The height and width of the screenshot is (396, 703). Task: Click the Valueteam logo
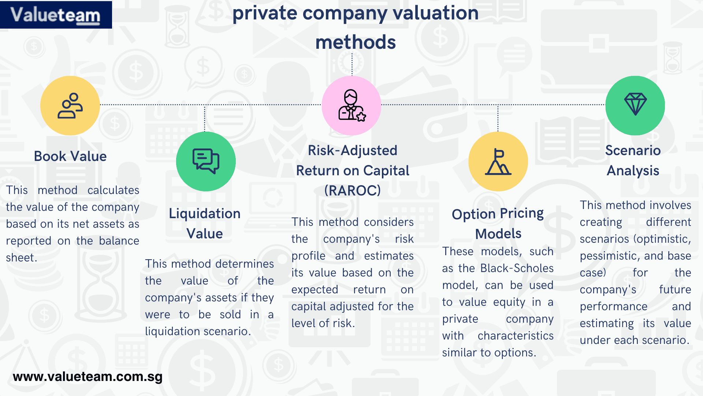tap(56, 15)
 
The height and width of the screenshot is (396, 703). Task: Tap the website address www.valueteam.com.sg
tap(88, 377)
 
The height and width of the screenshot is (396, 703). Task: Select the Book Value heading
tap(70, 156)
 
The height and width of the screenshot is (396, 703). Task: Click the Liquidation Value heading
tap(205, 223)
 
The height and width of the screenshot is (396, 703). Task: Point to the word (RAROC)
tap(352, 190)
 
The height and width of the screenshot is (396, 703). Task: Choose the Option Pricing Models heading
tap(498, 223)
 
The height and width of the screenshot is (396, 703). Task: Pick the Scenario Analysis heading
tap(633, 160)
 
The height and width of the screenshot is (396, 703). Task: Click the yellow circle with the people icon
tap(70, 106)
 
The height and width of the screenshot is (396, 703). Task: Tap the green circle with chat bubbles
tap(206, 161)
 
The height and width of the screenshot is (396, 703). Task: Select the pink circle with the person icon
tap(351, 106)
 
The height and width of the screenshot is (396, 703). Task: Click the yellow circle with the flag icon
tap(498, 161)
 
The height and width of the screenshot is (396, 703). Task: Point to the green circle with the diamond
tap(635, 106)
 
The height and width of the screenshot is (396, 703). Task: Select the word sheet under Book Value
tap(21, 257)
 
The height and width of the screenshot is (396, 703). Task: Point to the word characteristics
tap(516, 335)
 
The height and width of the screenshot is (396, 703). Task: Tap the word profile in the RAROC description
tap(308, 256)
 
